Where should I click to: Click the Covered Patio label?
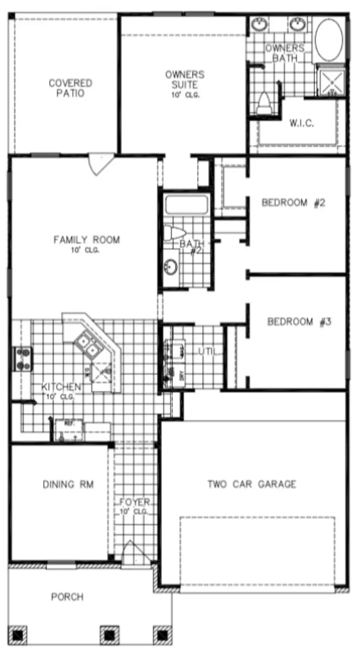(70, 88)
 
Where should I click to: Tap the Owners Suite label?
(185, 80)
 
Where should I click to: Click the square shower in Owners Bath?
(331, 83)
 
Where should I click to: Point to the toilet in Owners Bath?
(264, 103)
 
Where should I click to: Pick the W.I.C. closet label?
(302, 123)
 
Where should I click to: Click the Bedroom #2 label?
(293, 203)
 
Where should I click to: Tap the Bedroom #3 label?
(299, 322)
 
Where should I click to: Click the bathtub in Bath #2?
(186, 204)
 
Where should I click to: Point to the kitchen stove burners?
(23, 359)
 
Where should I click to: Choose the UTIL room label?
(209, 352)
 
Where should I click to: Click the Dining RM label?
(68, 485)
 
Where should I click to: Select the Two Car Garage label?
(252, 484)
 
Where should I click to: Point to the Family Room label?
(86, 240)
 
